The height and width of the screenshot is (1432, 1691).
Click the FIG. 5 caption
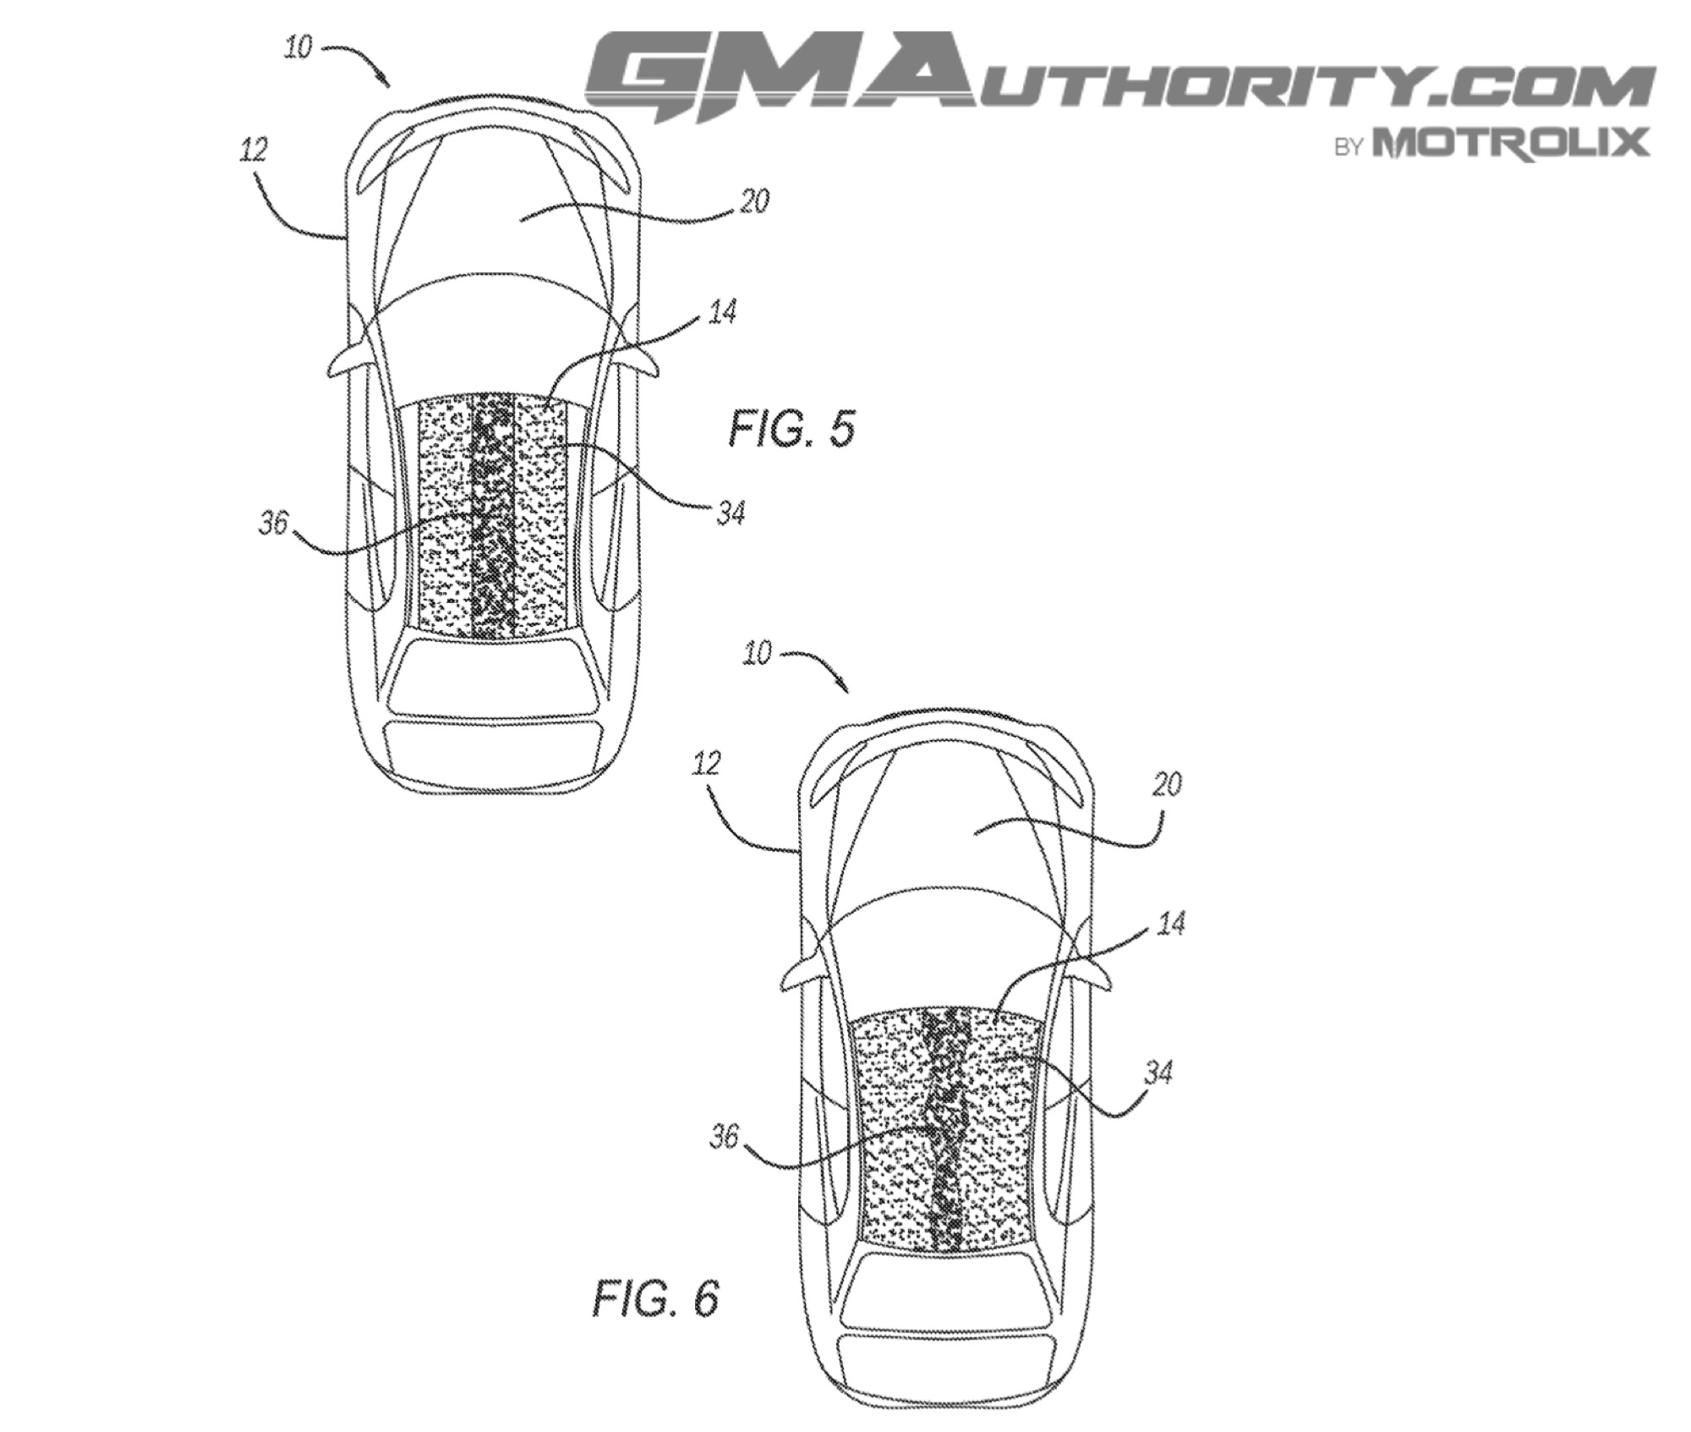coord(792,429)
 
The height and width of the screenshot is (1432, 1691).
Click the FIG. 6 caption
coord(655,1298)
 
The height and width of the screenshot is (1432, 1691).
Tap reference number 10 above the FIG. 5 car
coord(298,48)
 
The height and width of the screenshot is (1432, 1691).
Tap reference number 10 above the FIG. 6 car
coord(757,654)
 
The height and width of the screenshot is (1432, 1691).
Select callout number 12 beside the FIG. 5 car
coord(253,151)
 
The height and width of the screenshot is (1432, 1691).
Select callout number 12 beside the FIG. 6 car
coord(706,764)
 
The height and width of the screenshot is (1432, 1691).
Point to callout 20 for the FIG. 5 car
coord(753,202)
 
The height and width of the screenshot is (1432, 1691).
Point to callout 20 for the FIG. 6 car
coord(1166,785)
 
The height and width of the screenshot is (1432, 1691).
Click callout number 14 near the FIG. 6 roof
coord(1169,924)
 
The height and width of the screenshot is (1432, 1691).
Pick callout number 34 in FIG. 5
coord(730,513)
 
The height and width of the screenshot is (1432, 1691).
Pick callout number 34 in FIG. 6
coord(1157,1074)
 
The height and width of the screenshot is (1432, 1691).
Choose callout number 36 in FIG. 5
coord(273,524)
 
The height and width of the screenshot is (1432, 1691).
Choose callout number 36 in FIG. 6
coord(725,1138)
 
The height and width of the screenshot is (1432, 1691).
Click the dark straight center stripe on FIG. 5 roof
coord(493,516)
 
